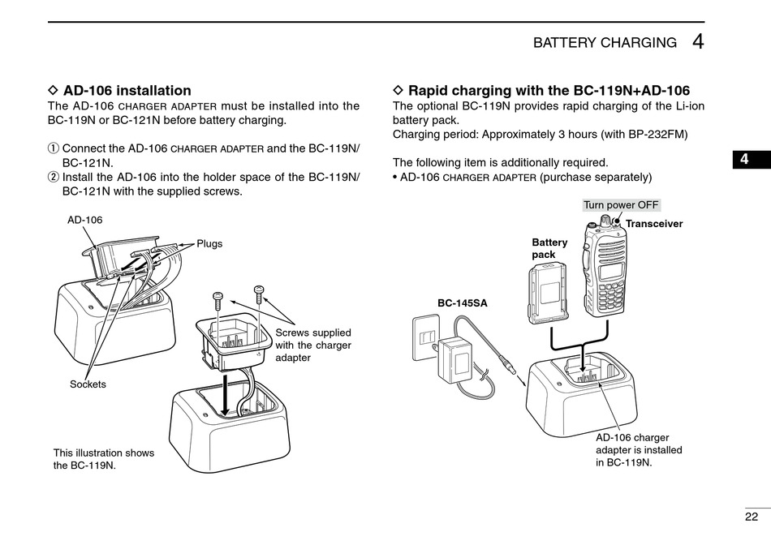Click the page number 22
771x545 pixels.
752,517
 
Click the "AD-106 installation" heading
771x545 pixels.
127,90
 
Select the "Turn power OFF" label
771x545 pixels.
621,205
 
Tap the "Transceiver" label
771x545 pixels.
654,224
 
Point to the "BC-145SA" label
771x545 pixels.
463,303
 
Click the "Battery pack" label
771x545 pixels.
549,248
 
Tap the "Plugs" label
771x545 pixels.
209,244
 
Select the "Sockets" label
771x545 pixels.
88,384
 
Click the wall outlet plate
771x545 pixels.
424,339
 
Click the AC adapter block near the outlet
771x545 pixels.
454,359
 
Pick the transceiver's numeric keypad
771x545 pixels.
609,298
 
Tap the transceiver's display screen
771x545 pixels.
612,271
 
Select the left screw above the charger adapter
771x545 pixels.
218,303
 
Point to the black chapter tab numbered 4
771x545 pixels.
752,159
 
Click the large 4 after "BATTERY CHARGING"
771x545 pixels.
698,41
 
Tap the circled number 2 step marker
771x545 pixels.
53,177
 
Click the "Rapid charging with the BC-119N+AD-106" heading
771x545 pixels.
549,90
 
